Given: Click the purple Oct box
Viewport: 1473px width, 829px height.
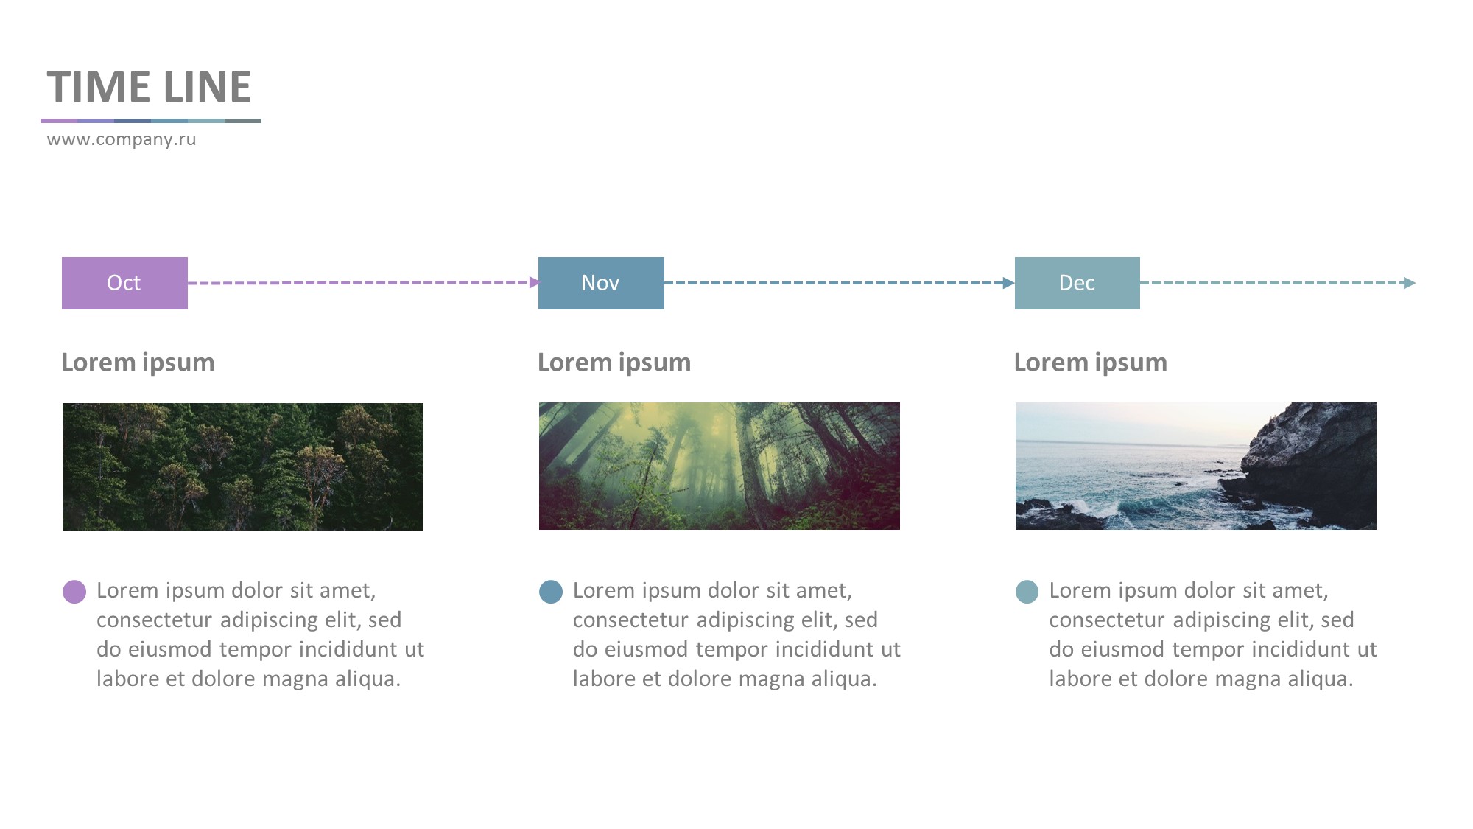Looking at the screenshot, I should point(124,283).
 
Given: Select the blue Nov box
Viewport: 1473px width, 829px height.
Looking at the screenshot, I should point(601,283).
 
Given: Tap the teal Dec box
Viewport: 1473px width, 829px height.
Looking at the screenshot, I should point(1077,283).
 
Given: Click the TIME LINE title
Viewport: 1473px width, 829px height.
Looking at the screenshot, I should point(149,87).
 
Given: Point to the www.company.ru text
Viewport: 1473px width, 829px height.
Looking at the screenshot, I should point(122,139).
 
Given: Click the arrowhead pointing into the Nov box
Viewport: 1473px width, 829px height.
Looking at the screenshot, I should point(534,282).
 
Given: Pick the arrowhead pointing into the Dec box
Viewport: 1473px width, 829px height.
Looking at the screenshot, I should point(1009,283).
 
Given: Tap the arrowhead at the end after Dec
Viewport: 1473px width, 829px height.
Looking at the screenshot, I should point(1410,283).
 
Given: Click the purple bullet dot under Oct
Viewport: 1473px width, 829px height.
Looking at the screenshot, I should point(74,592).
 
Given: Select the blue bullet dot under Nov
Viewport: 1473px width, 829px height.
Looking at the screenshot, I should point(551,592).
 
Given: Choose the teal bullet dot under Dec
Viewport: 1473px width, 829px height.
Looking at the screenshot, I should point(1027,592).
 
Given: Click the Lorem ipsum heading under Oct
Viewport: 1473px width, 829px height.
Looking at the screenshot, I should point(138,363).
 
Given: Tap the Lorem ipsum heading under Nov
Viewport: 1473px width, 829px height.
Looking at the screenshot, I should point(614,363).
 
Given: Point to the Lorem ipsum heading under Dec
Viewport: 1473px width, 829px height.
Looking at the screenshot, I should point(1090,363).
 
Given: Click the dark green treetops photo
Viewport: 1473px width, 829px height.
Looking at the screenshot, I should point(243,466).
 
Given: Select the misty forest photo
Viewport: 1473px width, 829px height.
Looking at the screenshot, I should point(720,466).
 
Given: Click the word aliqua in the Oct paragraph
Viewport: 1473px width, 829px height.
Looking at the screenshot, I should point(368,679).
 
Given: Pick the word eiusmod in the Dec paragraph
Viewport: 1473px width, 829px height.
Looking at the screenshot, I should point(1123,650).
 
